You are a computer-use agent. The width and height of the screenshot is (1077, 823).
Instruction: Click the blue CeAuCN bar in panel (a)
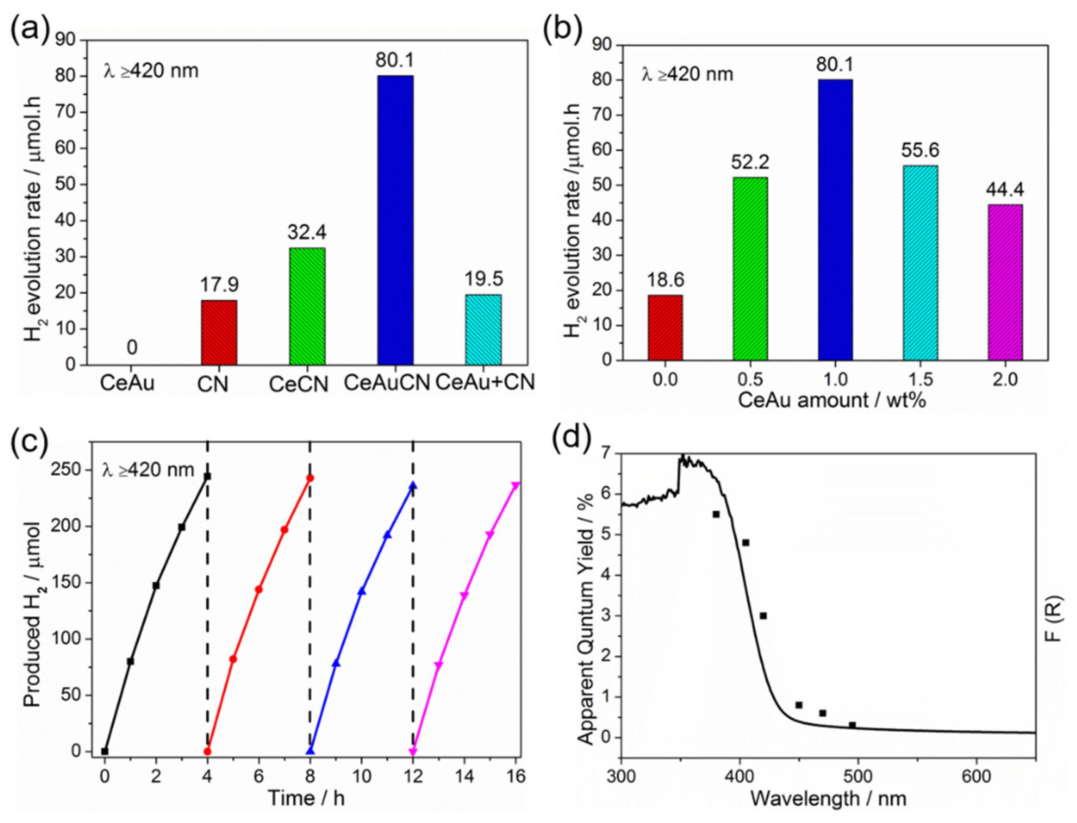point(395,221)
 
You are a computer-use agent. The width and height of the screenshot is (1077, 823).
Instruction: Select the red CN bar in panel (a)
point(219,333)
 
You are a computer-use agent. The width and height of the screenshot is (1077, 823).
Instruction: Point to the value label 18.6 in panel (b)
point(665,280)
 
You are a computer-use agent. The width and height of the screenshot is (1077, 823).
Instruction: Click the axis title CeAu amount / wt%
point(833,400)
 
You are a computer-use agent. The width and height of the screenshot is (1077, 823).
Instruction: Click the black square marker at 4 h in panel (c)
point(207,476)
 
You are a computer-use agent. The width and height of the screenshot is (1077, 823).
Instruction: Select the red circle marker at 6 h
point(259,589)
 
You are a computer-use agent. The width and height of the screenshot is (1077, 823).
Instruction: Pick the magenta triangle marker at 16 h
point(515,485)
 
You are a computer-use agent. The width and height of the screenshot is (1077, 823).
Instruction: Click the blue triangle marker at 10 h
point(362,591)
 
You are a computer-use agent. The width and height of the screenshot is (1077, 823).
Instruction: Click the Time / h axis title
point(306,798)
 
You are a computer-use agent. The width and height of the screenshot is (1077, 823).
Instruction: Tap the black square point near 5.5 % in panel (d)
point(715,514)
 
